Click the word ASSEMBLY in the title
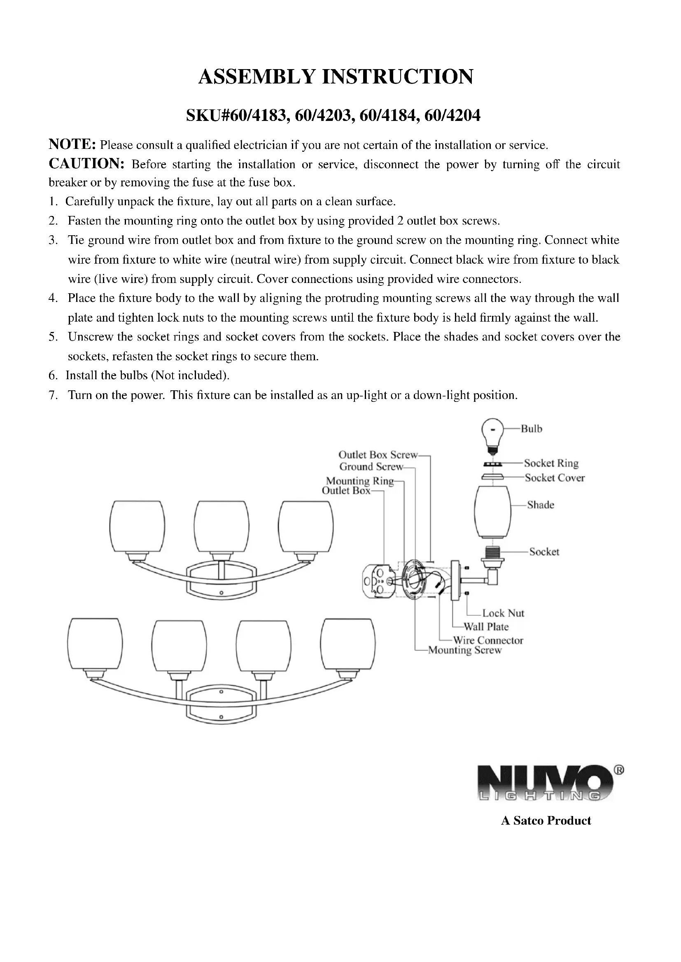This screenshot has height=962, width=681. tap(257, 77)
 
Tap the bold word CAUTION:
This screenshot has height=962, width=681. tap(86, 164)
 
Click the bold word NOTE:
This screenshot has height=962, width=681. tap(72, 144)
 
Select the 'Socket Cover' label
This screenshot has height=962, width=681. tap(554, 478)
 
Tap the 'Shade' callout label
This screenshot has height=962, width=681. tap(541, 505)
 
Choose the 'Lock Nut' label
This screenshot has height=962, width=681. tap(503, 613)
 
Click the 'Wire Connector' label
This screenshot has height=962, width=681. tap(488, 640)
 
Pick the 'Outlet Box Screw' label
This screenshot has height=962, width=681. tap(378, 454)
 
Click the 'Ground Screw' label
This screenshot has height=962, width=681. tap(371, 467)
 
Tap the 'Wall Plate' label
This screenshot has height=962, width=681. tap(486, 627)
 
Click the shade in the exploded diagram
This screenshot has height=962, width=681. tap(493, 512)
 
